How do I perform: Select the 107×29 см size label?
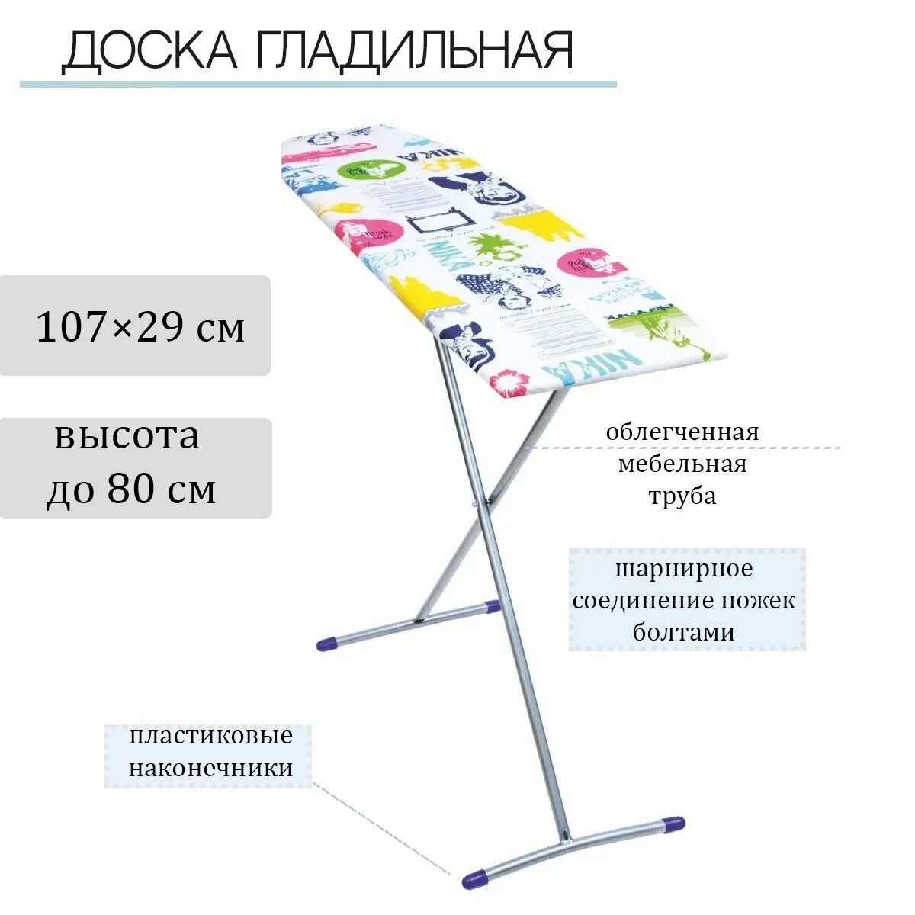(x=141, y=327)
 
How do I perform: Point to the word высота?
(x=127, y=436)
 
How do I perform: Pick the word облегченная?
(x=682, y=432)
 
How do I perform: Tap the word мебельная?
(x=682, y=464)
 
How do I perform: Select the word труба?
(x=682, y=496)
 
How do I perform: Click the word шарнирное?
(x=684, y=569)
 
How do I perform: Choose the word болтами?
(x=684, y=632)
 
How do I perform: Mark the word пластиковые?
(x=210, y=737)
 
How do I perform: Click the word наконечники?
(x=210, y=768)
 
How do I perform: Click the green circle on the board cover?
(x=371, y=169)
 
